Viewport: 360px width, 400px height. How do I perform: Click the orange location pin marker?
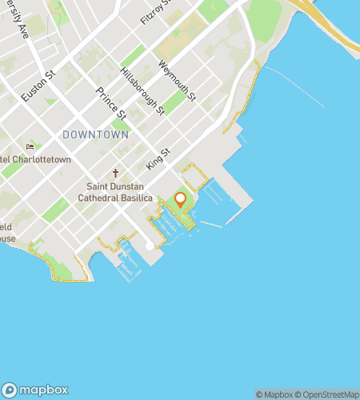click(180, 200)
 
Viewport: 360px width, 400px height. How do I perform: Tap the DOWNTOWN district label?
click(95, 135)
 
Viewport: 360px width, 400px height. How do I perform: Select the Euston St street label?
click(38, 86)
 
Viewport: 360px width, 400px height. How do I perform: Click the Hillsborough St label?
click(142, 89)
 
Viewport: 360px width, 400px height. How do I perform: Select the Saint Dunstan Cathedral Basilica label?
click(115, 193)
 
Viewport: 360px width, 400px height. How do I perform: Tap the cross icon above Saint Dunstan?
click(115, 173)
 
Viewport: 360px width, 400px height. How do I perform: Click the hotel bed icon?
click(30, 146)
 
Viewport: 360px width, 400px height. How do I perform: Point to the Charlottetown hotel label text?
click(35, 159)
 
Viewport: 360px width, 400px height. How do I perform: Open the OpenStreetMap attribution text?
click(330, 394)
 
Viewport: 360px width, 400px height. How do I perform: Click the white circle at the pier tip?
click(150, 247)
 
